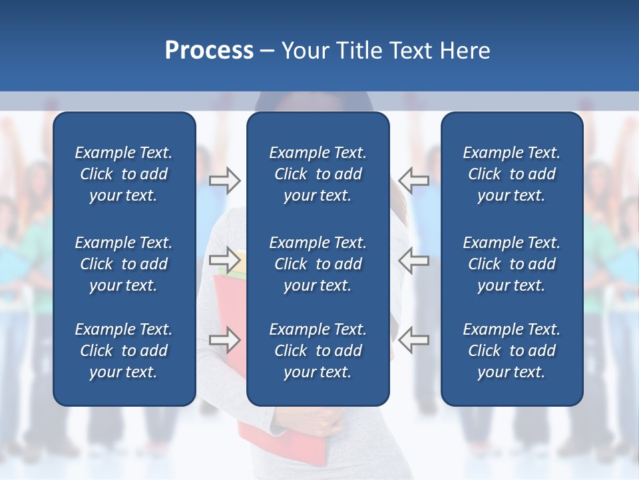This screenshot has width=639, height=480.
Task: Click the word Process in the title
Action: point(209,51)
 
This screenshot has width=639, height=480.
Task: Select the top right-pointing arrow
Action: point(224,180)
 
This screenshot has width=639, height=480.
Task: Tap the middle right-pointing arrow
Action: point(224,260)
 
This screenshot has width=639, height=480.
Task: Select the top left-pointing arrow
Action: point(414,180)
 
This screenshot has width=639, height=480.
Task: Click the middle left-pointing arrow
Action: point(414,260)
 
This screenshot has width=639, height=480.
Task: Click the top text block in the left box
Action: point(124,174)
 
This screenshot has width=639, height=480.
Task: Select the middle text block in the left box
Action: point(124,264)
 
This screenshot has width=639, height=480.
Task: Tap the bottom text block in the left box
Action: point(124,351)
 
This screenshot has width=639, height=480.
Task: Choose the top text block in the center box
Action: point(318,174)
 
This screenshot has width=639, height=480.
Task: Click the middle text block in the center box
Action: point(318,264)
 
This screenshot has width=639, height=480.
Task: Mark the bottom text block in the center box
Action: point(318,351)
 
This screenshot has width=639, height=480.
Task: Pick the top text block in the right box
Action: point(511,174)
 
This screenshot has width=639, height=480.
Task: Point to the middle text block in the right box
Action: point(511,264)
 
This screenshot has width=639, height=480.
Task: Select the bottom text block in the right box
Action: point(511,351)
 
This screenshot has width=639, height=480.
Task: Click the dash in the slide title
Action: point(267,51)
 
